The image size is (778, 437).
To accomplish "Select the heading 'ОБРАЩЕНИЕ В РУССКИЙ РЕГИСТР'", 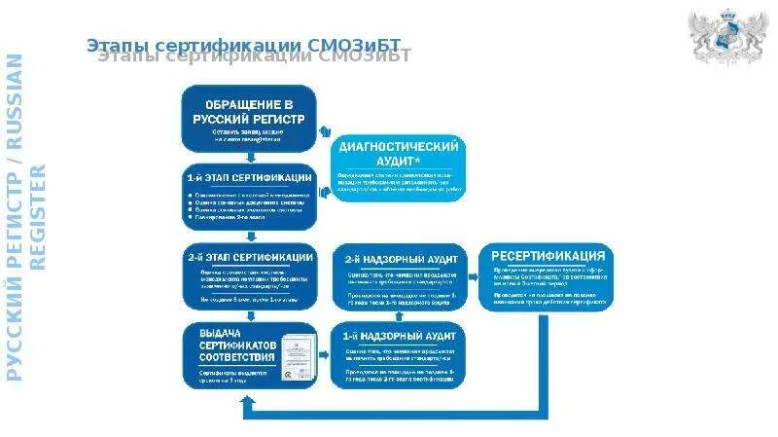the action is [249, 110].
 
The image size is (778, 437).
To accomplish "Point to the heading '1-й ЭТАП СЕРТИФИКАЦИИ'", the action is [249, 178].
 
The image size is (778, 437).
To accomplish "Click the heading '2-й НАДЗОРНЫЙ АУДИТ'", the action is [399, 260].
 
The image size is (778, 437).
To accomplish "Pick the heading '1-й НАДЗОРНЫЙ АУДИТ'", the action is [399, 336].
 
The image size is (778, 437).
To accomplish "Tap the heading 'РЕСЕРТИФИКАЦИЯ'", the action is [547, 257].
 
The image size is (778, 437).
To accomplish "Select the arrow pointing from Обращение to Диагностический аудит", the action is [327, 135].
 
